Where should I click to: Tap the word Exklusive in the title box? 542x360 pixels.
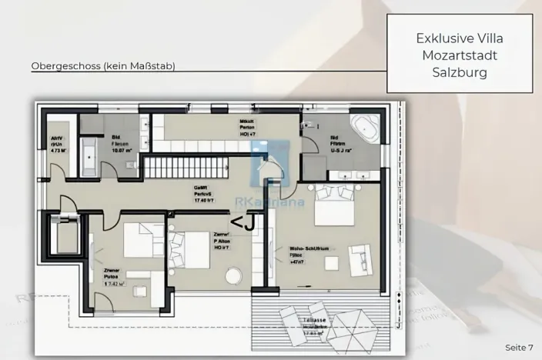(x=440, y=37)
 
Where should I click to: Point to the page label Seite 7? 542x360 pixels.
(x=519, y=348)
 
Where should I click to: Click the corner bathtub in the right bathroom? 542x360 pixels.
(x=363, y=128)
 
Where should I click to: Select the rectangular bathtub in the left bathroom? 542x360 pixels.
(x=89, y=154)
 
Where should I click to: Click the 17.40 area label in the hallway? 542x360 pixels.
(x=204, y=201)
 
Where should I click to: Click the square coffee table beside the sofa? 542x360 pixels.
(x=332, y=263)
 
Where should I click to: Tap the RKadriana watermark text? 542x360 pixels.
(x=279, y=203)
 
